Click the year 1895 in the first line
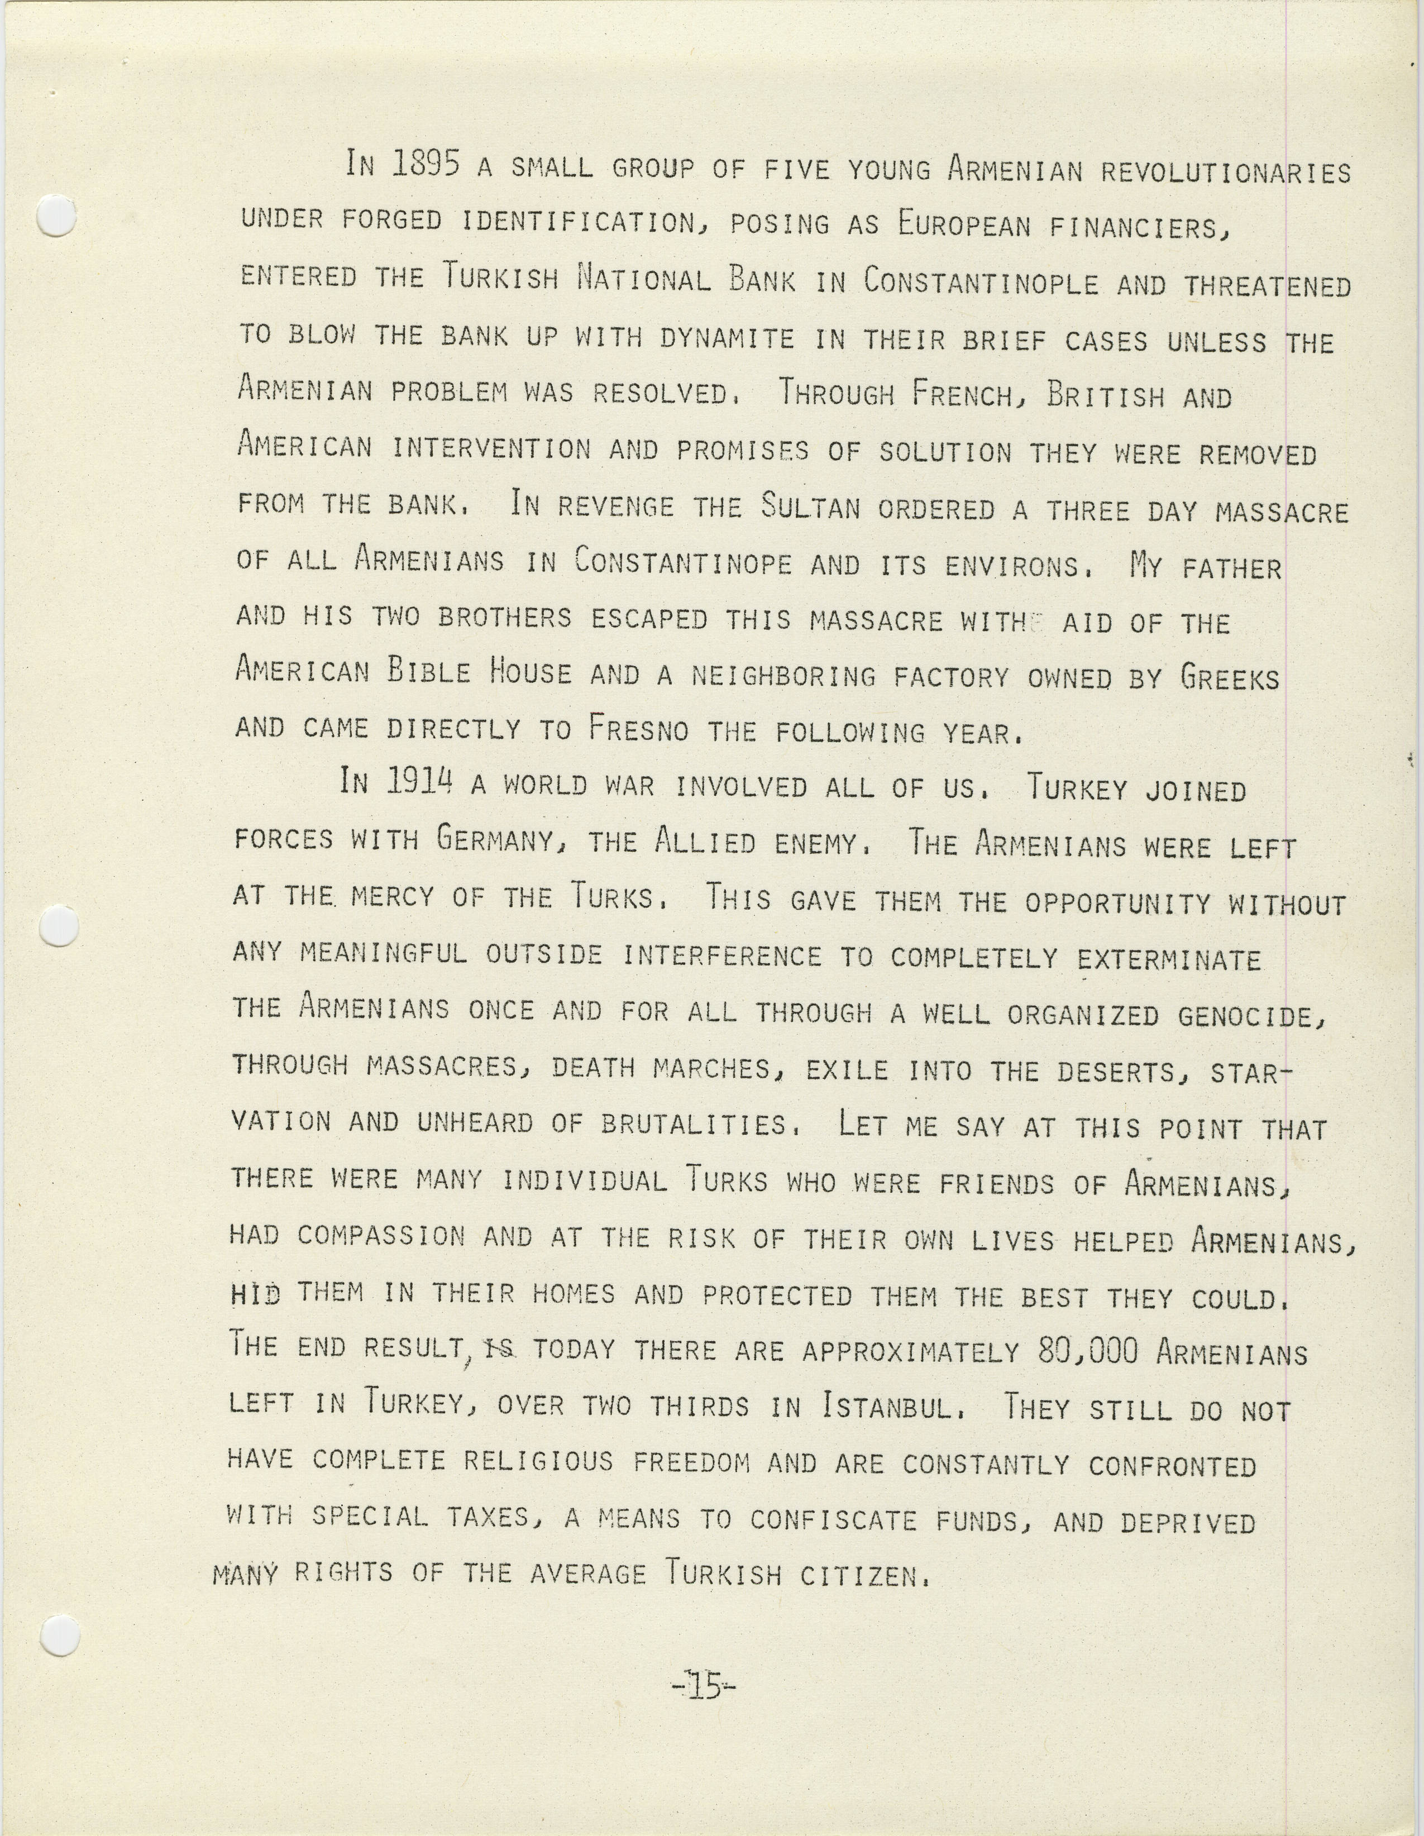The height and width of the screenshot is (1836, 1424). [x=426, y=164]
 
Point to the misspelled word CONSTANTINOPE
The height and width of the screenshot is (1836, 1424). [x=682, y=562]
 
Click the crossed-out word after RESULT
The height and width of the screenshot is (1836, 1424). [x=502, y=1349]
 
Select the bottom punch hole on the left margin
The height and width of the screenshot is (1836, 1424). [x=59, y=1635]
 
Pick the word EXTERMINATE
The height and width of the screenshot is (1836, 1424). [x=1169, y=959]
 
